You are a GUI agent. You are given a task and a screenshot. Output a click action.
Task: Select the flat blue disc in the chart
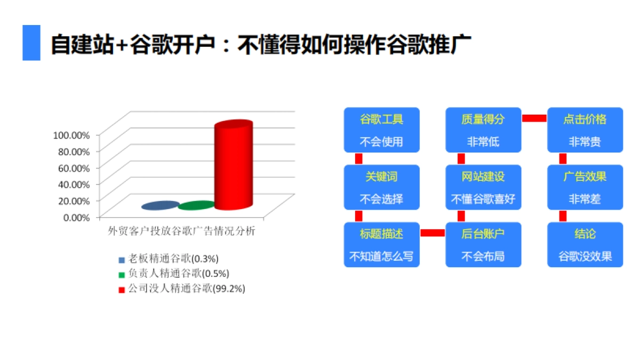click(x=160, y=205)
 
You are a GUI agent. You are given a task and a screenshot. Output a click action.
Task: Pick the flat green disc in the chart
click(x=196, y=205)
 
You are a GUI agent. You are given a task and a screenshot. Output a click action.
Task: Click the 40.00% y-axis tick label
click(x=71, y=184)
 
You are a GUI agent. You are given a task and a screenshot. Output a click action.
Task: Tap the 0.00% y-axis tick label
click(x=74, y=217)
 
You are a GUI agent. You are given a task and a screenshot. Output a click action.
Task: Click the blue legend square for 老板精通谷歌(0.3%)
click(x=122, y=260)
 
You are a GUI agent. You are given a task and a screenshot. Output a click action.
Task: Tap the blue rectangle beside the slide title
click(x=31, y=43)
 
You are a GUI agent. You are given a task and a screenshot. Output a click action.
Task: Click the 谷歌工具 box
click(x=381, y=130)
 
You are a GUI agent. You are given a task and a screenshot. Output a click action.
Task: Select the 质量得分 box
click(x=483, y=130)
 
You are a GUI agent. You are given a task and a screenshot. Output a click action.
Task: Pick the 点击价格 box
click(x=585, y=130)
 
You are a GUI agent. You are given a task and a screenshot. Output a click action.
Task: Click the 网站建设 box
click(x=483, y=187)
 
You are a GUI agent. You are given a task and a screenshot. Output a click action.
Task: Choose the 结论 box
click(x=585, y=245)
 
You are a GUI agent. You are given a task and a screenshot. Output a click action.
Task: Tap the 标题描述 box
click(x=381, y=245)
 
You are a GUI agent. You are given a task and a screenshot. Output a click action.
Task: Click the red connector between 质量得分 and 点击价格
click(x=534, y=118)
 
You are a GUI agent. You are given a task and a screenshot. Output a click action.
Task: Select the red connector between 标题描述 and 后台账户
click(x=433, y=233)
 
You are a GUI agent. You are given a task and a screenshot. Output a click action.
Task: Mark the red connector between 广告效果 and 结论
click(x=563, y=216)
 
